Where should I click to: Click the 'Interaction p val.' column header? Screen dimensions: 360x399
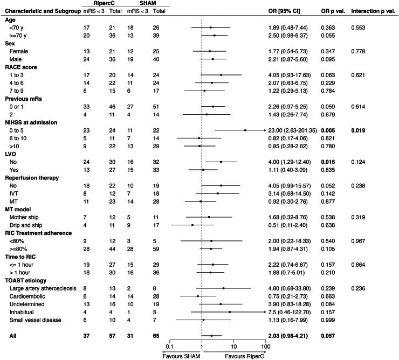tap(373, 11)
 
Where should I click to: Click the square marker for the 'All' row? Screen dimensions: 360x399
tap(211, 335)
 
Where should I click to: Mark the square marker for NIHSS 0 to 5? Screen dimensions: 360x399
tap(245, 130)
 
